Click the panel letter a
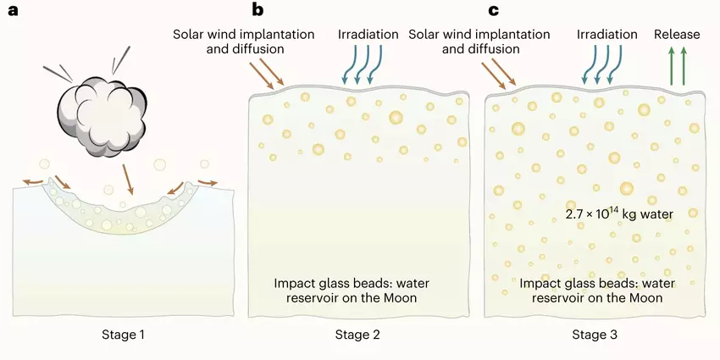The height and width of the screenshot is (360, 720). (x=12, y=11)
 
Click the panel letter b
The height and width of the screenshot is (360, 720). (x=258, y=11)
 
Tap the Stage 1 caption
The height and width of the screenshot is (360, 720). (x=118, y=335)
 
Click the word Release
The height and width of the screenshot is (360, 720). (x=677, y=35)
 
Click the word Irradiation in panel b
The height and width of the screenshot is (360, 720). (x=368, y=35)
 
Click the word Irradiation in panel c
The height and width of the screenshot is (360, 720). (x=606, y=35)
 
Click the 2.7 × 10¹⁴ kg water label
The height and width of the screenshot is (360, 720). (x=619, y=213)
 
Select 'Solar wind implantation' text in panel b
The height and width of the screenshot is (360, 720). (x=244, y=35)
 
